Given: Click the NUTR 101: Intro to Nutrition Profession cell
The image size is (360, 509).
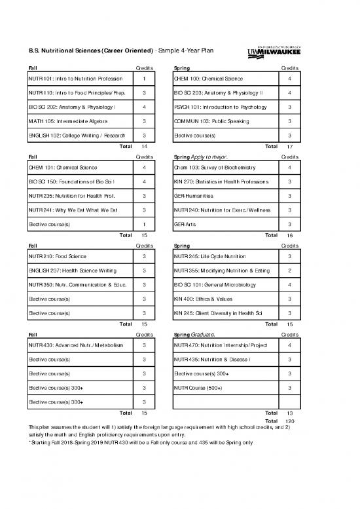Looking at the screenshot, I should [66, 79].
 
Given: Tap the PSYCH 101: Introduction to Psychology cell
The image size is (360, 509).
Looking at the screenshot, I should [219, 107].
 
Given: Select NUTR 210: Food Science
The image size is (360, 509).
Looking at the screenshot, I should [58, 255].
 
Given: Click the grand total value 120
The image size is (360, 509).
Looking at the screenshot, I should [291, 421].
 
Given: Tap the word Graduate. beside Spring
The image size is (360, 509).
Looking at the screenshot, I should [206, 334].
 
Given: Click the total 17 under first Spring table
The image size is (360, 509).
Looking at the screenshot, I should [290, 146].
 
